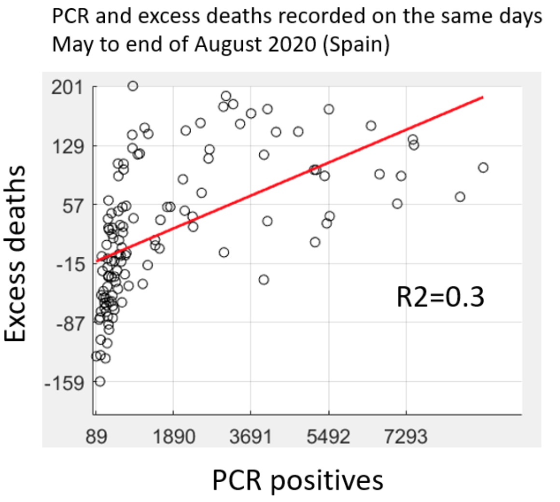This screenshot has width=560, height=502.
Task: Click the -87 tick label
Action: (70, 323)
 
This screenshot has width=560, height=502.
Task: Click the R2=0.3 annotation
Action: (440, 297)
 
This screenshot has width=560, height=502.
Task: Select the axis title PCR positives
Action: (297, 480)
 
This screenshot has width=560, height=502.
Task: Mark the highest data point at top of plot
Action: (133, 86)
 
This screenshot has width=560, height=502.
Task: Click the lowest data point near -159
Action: (100, 381)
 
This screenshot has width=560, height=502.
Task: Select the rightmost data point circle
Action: (483, 167)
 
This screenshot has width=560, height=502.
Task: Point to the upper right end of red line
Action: (482, 97)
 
